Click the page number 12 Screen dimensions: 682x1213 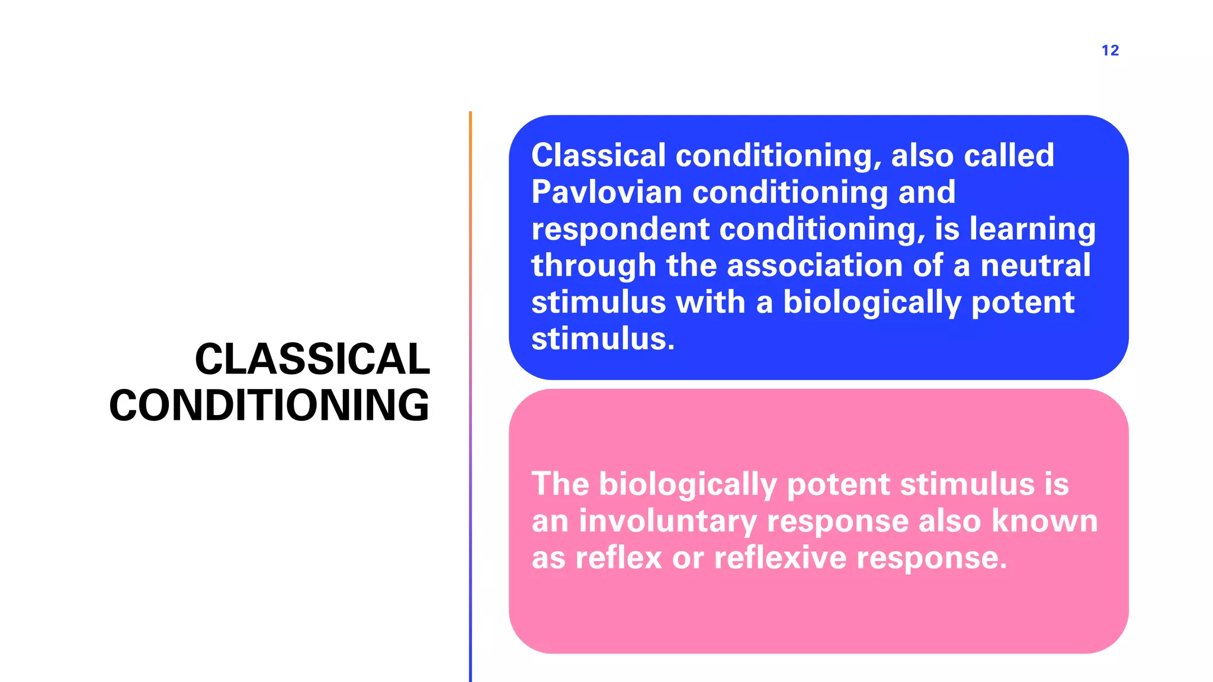click(1110, 50)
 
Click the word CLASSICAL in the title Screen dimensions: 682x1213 click(312, 359)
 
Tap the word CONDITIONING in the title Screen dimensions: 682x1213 click(269, 406)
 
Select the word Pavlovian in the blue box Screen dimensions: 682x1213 click(606, 192)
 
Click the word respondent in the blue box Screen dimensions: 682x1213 click(620, 229)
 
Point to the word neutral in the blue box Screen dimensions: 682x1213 click(1035, 265)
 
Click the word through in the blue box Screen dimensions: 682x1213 click(593, 266)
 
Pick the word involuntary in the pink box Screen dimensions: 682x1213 click(668, 521)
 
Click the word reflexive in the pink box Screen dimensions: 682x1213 click(780, 558)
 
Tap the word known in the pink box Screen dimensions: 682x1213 click(1044, 521)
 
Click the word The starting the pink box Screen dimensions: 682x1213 click(560, 484)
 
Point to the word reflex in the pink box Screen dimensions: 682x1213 click(618, 558)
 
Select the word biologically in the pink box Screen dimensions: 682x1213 click(688, 485)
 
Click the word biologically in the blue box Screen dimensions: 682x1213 click(872, 303)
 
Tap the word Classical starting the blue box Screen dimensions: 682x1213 click(598, 155)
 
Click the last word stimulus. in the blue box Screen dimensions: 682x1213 click(603, 339)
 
